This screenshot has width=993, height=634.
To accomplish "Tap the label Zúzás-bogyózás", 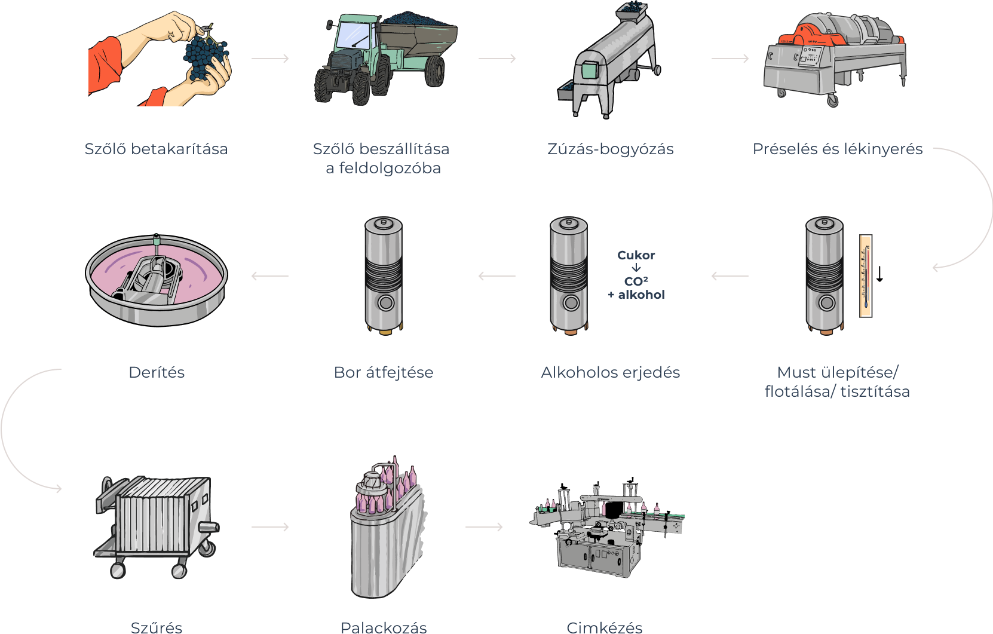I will tap(610, 149).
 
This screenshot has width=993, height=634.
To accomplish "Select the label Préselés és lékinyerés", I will tap(837, 149).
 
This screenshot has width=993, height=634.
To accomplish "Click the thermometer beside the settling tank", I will tap(866, 275).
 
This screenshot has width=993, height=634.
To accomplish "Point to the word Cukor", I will tap(636, 255).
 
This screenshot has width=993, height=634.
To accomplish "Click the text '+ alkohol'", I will tap(636, 295).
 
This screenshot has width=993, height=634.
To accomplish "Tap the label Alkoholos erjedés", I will tap(610, 372).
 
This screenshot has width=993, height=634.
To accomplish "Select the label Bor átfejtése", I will tap(383, 372).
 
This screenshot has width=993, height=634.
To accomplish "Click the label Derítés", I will tap(157, 372).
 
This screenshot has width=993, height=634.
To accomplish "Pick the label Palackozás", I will tap(383, 627).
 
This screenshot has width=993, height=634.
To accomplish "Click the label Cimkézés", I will tap(604, 627).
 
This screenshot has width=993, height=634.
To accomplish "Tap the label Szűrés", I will tap(157, 627).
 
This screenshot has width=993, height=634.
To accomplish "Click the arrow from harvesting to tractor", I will tap(270, 59).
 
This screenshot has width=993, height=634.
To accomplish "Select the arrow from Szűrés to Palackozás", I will tap(270, 527).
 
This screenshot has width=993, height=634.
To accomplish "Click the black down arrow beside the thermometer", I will tap(879, 274).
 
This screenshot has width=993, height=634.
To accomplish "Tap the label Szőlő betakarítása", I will tap(156, 149).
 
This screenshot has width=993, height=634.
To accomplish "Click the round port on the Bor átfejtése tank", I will tap(386, 302).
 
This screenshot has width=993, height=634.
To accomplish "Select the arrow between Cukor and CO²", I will tap(636, 268).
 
